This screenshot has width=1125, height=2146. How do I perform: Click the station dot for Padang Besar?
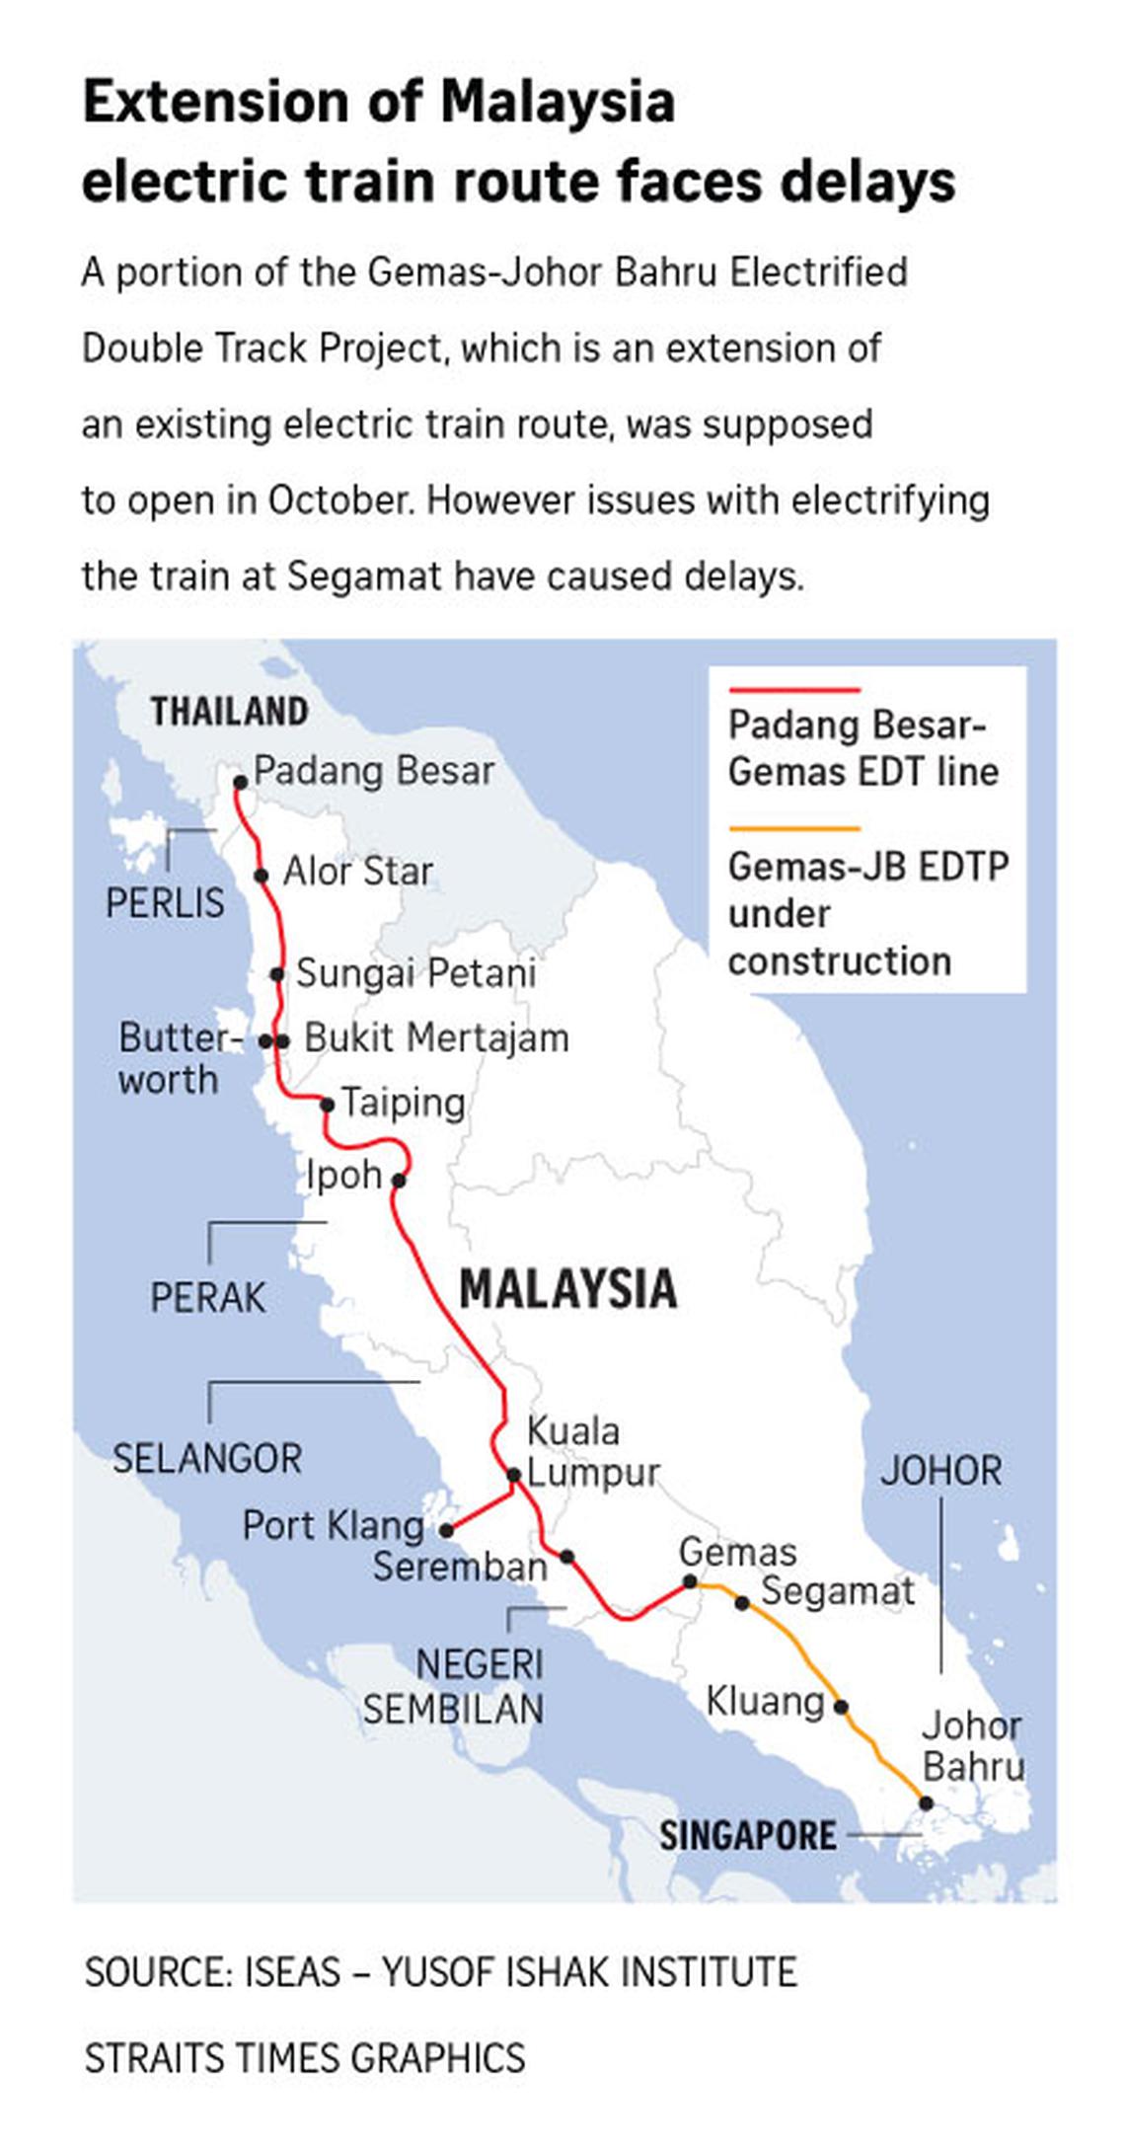[x=240, y=782]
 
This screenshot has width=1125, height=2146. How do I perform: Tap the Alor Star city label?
[x=357, y=872]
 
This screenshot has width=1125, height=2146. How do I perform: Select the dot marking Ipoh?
[x=399, y=1180]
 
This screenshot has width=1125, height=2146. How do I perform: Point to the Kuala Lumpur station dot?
[x=513, y=1475]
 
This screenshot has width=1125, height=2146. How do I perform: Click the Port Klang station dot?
[x=446, y=1530]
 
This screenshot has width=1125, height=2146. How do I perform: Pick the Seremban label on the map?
[x=459, y=1567]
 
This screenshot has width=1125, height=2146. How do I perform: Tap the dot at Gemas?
[x=691, y=1582]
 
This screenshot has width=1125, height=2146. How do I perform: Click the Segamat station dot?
[x=742, y=1603]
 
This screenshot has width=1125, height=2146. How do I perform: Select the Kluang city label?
[x=765, y=1701]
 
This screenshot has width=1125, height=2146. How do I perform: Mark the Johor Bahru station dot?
[x=926, y=1802]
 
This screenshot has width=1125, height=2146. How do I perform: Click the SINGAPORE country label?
[x=747, y=1836]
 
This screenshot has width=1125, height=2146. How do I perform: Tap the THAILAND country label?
[x=229, y=712]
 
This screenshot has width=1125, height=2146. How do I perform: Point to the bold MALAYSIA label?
[x=568, y=1288]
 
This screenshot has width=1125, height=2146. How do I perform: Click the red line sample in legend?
[x=794, y=689]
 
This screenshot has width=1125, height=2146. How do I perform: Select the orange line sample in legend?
[x=794, y=829]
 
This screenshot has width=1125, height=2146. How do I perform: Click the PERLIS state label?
[x=165, y=903]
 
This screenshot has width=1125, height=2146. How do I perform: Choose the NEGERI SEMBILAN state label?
[x=454, y=1686]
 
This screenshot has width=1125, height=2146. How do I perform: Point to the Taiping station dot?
[x=328, y=1105]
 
